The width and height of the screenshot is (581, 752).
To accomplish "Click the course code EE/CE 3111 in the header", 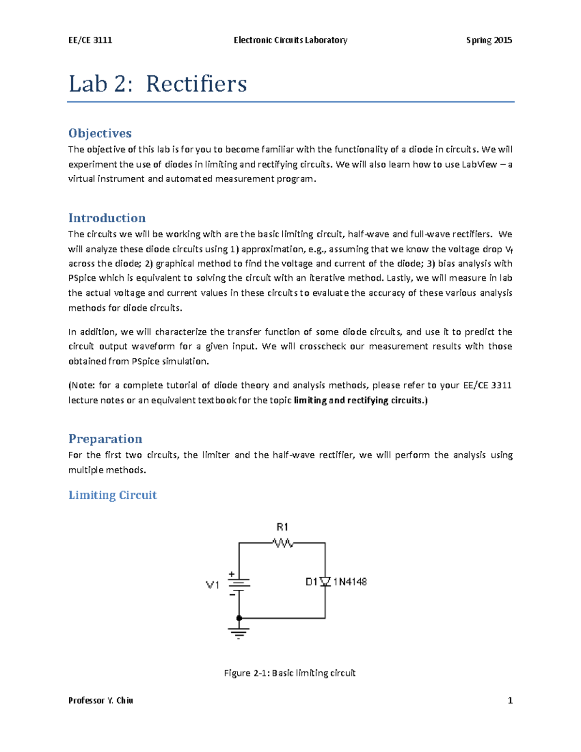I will click(90, 40).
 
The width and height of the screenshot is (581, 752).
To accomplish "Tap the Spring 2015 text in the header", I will click(489, 40).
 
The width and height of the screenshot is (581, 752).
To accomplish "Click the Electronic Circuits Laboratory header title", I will click(290, 40).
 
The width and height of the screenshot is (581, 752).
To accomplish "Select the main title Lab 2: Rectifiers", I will click(158, 84).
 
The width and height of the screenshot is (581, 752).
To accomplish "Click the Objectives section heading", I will click(100, 133).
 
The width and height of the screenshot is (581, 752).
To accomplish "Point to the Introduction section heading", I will click(107, 218).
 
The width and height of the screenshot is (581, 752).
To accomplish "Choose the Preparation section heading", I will click(105, 439).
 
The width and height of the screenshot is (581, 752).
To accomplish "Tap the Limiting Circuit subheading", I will click(112, 495).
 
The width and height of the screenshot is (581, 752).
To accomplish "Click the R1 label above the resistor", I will click(282, 527).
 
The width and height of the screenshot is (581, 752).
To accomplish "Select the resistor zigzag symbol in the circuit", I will click(283, 543).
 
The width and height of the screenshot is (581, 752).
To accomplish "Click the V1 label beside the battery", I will click(213, 585).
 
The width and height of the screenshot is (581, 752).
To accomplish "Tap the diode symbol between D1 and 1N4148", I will click(325, 582).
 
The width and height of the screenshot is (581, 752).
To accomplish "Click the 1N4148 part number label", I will click(350, 582).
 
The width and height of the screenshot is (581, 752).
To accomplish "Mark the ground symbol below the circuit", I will click(239, 633).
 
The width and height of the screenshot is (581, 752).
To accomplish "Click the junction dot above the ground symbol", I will click(239, 618).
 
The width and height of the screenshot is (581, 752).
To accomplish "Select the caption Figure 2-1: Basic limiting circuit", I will click(290, 673).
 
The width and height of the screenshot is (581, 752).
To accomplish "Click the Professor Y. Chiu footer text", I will click(101, 700).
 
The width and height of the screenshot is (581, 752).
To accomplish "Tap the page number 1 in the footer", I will click(510, 700).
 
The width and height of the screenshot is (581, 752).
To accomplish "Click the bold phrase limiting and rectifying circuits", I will click(360, 400).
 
